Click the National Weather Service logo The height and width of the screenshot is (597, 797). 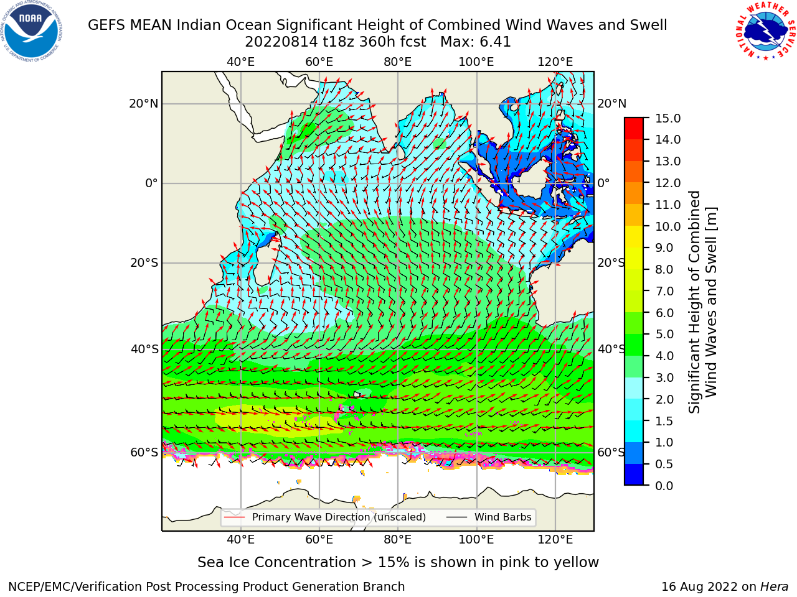pyautogui.click(x=765, y=31)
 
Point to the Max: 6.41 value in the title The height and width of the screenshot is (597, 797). pyautogui.click(x=476, y=42)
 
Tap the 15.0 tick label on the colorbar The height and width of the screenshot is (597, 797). pyautogui.click(x=667, y=118)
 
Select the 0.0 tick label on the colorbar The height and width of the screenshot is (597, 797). pyautogui.click(x=664, y=486)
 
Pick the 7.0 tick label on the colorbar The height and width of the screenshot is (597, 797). pyautogui.click(x=664, y=291)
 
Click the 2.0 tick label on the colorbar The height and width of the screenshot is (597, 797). pyautogui.click(x=664, y=399)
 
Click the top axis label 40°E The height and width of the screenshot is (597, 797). pyautogui.click(x=240, y=62)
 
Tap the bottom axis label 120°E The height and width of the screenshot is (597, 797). pyautogui.click(x=555, y=539)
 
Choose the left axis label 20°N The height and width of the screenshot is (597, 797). pyautogui.click(x=144, y=104)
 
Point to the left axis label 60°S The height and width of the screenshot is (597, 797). pyautogui.click(x=144, y=452)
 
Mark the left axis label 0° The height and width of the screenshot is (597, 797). pyautogui.click(x=151, y=183)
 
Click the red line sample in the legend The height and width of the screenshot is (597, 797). pyautogui.click(x=234, y=517)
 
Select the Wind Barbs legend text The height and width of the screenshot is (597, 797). pyautogui.click(x=502, y=517)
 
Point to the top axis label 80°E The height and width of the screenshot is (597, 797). pyautogui.click(x=398, y=62)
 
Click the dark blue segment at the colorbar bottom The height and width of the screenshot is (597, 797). pyautogui.click(x=634, y=474)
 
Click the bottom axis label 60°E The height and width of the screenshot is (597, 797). pyautogui.click(x=319, y=539)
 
